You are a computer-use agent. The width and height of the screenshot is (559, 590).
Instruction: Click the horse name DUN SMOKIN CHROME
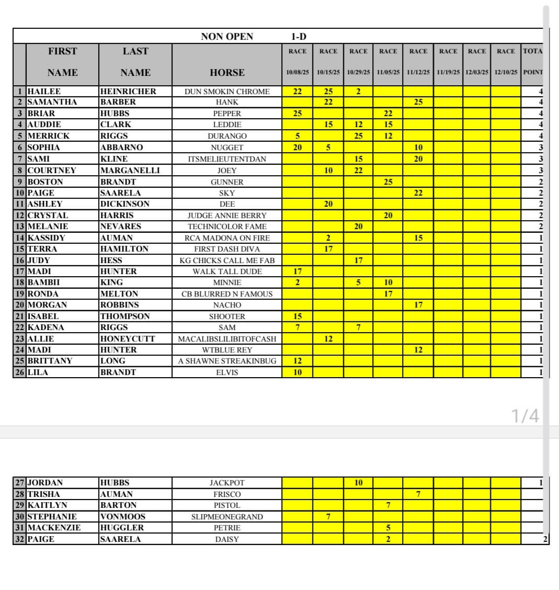tap(227, 92)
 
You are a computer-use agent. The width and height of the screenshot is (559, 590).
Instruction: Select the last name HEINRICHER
tap(128, 92)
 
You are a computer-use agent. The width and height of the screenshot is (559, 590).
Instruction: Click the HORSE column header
tap(227, 73)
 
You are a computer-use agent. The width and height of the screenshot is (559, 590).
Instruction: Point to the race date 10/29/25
tap(358, 72)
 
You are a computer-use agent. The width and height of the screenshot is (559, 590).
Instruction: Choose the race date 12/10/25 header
tap(506, 72)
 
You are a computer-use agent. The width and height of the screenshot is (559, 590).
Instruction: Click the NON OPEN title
tap(227, 37)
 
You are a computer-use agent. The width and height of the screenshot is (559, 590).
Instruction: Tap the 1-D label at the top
tap(299, 37)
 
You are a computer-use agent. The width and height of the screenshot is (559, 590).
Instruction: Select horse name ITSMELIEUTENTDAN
tap(227, 159)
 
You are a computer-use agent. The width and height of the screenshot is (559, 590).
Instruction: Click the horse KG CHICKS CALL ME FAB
tap(227, 260)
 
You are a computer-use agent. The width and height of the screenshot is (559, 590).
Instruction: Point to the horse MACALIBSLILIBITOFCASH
tap(227, 339)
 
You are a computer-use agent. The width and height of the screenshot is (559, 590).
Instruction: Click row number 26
tap(20, 372)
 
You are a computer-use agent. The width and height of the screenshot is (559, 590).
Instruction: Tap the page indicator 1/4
tap(524, 416)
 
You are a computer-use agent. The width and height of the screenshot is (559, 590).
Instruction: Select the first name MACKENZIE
tap(54, 528)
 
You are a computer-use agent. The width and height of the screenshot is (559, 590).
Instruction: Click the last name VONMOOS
tap(122, 517)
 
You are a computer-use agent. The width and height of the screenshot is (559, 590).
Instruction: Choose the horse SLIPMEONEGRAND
tap(227, 517)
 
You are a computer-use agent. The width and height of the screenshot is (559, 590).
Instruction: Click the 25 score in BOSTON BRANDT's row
tap(388, 182)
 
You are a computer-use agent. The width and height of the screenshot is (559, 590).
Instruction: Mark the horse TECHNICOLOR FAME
tap(227, 226)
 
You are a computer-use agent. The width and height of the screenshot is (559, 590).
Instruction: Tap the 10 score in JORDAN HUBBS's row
tap(358, 483)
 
